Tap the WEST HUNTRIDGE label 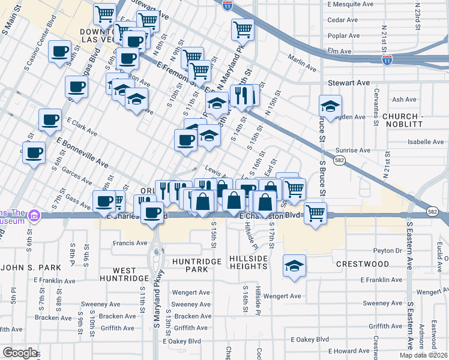(130, 275)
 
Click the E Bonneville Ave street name (82, 153)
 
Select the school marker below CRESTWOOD (294, 266)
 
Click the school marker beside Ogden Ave (330, 107)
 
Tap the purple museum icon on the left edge (34, 215)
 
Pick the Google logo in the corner (20, 353)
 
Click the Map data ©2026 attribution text (424, 355)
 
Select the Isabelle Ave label (425, 142)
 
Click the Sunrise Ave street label (352, 150)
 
